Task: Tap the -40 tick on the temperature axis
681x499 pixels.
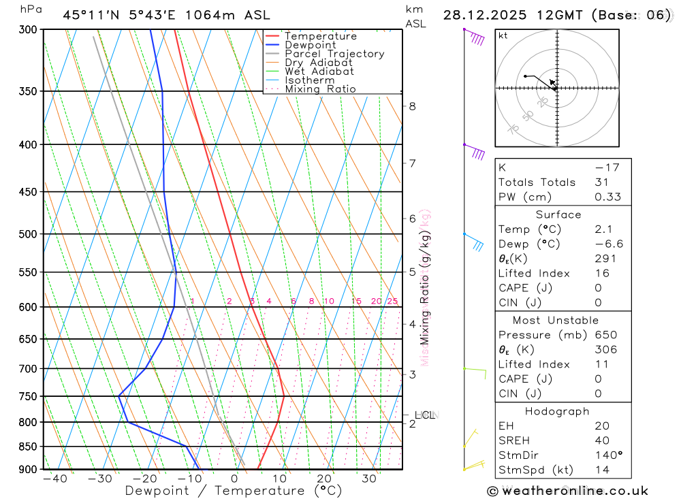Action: click(x=54, y=479)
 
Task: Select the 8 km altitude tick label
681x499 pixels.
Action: click(x=412, y=106)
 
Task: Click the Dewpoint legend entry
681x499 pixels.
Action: click(x=310, y=46)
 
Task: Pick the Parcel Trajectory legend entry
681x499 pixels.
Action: click(x=334, y=54)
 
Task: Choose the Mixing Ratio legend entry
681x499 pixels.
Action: click(x=320, y=89)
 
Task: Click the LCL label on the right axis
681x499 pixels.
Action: click(x=425, y=415)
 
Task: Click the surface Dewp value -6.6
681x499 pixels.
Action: click(x=608, y=244)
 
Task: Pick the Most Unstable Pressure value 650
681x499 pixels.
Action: click(x=605, y=335)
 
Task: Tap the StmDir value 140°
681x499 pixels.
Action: click(x=608, y=455)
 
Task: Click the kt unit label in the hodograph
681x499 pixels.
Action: click(x=503, y=35)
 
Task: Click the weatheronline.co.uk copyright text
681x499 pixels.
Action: click(x=567, y=491)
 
